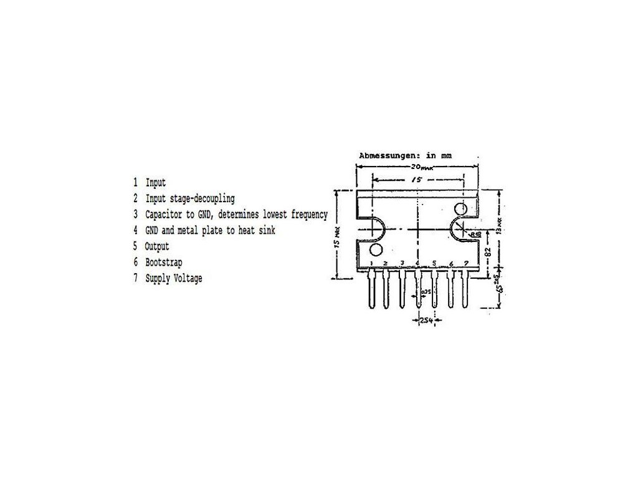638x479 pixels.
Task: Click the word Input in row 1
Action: [156, 183]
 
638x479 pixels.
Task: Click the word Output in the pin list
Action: [156, 246]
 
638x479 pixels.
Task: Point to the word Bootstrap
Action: [164, 263]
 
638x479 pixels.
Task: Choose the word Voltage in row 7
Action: [188, 279]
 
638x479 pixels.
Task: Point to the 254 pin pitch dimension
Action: [425, 321]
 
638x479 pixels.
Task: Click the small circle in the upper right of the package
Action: [460, 208]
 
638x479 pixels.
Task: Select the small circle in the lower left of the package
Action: [376, 250]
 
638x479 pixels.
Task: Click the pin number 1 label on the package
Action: [371, 264]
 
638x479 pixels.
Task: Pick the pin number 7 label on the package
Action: [466, 263]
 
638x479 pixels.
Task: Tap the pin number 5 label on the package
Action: [434, 263]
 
